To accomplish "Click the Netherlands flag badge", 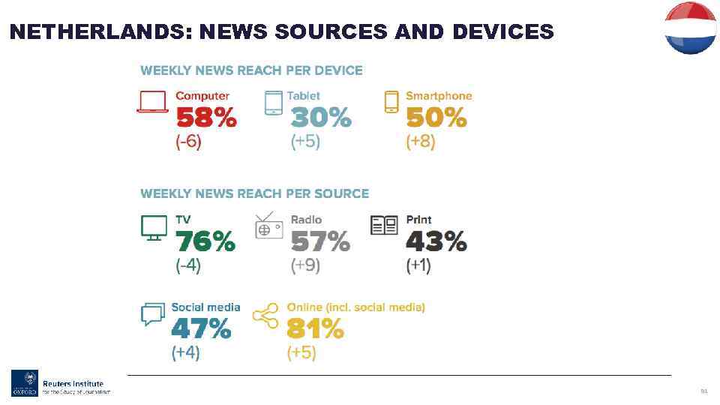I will [x=690, y=28].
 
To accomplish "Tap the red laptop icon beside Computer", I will [x=152, y=102].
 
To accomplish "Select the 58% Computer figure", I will [x=205, y=118].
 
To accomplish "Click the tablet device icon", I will [x=274, y=103].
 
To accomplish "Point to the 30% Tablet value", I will [x=320, y=118].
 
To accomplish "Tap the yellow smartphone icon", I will [x=391, y=102].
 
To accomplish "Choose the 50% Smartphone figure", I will [x=436, y=118].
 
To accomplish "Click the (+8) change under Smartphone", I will [x=420, y=142].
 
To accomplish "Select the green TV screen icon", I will [x=154, y=226].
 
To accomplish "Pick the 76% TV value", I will [x=205, y=241].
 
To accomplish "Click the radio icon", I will [x=269, y=226].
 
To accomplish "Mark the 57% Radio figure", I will [x=320, y=241].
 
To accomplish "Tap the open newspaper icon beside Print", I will [x=385, y=225].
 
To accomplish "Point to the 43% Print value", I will [x=436, y=241].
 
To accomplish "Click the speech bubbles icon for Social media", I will [x=152, y=314].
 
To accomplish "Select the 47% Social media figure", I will [x=201, y=329].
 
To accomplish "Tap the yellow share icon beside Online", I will [x=265, y=316].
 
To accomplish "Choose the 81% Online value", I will [x=315, y=329].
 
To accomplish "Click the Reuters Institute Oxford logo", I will [x=60, y=383].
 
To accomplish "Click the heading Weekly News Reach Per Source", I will [x=254, y=193].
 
